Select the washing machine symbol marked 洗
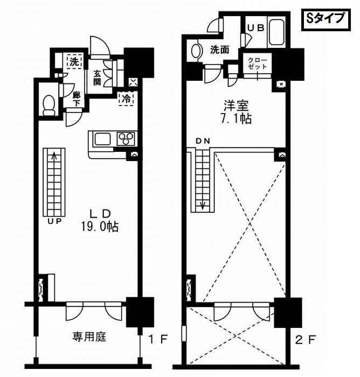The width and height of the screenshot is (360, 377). [x=73, y=61]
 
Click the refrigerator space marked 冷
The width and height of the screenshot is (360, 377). [x=125, y=99]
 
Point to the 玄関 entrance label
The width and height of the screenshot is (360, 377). [x=98, y=78]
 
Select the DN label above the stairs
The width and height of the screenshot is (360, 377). [x=202, y=141]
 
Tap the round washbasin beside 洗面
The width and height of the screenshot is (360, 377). [x=195, y=51]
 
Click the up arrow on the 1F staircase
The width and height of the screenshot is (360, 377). [x=54, y=157]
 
